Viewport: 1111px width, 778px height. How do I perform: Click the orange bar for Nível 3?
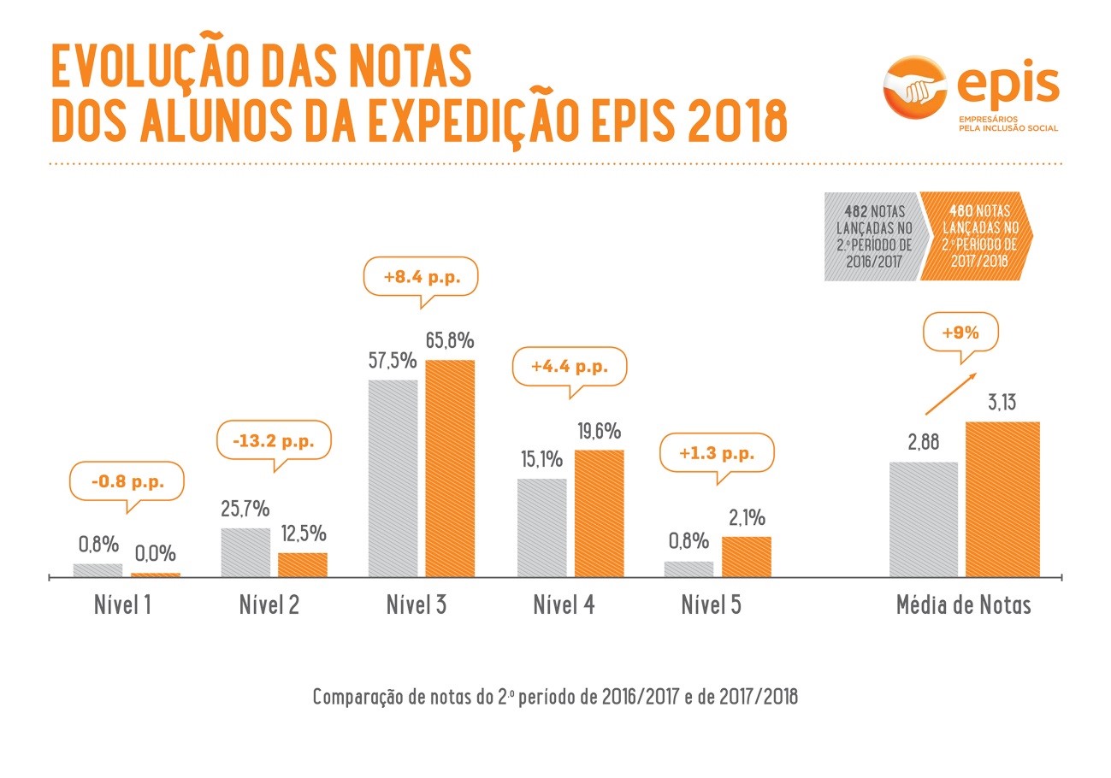tap(450, 469)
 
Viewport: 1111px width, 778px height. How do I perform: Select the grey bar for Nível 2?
tap(245, 552)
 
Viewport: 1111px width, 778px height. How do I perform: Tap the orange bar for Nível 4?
tap(599, 513)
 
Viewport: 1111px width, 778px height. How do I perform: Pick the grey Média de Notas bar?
tap(923, 520)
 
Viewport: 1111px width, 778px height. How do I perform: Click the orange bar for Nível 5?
tap(746, 557)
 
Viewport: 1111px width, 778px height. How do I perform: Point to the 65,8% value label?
tap(449, 341)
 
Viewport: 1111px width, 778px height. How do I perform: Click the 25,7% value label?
tap(245, 510)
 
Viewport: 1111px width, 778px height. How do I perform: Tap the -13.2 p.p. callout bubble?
tap(274, 441)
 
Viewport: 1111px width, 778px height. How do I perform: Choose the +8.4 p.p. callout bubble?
tap(420, 277)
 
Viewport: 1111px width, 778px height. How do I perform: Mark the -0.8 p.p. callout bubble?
tap(127, 482)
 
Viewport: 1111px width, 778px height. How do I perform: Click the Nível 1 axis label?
tap(122, 605)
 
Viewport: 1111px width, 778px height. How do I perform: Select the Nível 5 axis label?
tap(712, 605)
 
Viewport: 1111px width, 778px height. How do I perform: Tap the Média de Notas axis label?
tap(963, 605)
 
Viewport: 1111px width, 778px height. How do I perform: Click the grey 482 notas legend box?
tap(872, 238)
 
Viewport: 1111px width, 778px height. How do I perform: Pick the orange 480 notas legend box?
tap(975, 238)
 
